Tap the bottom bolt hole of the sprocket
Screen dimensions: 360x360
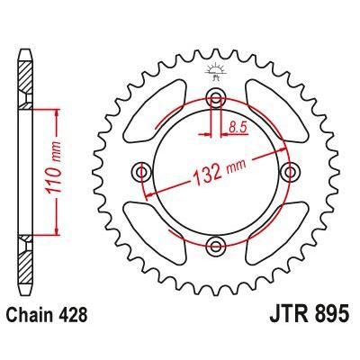pos(215,245)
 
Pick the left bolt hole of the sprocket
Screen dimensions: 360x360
pos(141,171)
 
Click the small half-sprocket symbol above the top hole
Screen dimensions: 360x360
pos(215,70)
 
